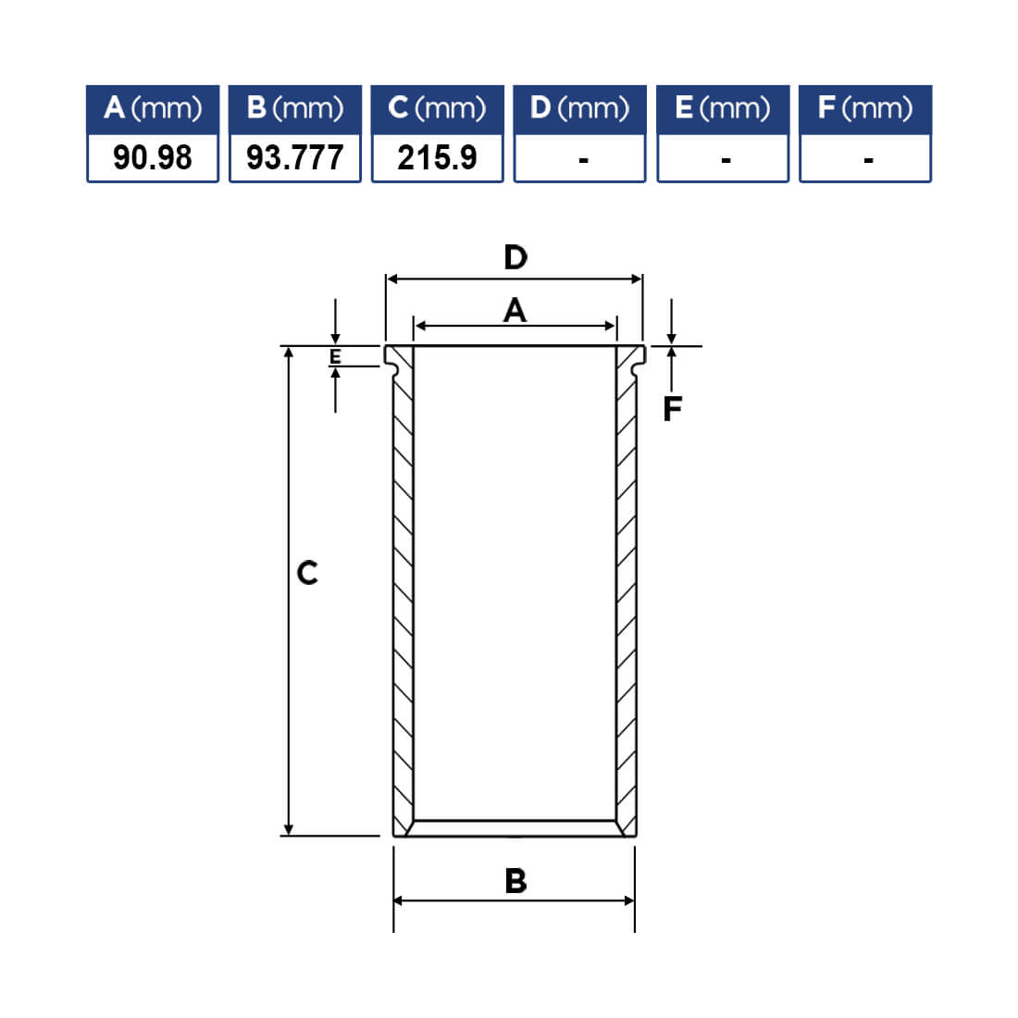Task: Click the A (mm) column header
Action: point(153,109)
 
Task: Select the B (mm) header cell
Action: point(294,109)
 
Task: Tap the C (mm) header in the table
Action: point(437,109)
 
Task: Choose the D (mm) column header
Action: point(579,109)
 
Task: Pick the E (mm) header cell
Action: point(723,109)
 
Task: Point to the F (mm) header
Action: point(865,109)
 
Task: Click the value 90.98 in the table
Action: point(153,157)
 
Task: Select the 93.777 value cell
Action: point(294,157)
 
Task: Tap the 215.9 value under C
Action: point(437,157)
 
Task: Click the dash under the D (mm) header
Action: point(584,160)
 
